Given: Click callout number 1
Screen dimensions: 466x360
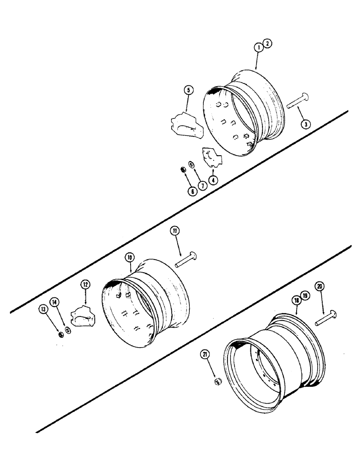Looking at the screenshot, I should pyautogui.click(x=257, y=47).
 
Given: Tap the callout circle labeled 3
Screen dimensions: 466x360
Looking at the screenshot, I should pyautogui.click(x=305, y=125).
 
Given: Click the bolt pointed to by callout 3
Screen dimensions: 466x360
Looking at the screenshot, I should pyautogui.click(x=295, y=102).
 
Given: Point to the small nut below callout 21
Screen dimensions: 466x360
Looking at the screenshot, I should pyautogui.click(x=217, y=382).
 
